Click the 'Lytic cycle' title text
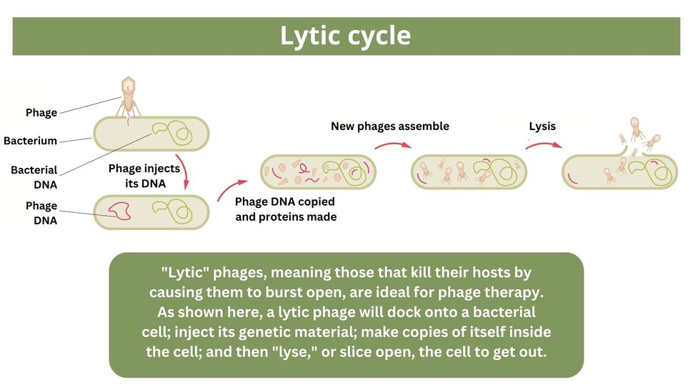pyautogui.click(x=346, y=36)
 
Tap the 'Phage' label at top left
pyautogui.click(x=41, y=113)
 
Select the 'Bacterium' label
pyautogui.click(x=30, y=141)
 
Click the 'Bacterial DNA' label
pyautogui.click(x=34, y=177)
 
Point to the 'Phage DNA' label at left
pyautogui.click(x=41, y=213)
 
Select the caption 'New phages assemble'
pyautogui.click(x=389, y=126)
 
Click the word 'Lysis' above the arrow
pyautogui.click(x=542, y=126)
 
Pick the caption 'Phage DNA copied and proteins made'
pyautogui.click(x=285, y=209)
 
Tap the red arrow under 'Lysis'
pyautogui.click(x=544, y=145)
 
